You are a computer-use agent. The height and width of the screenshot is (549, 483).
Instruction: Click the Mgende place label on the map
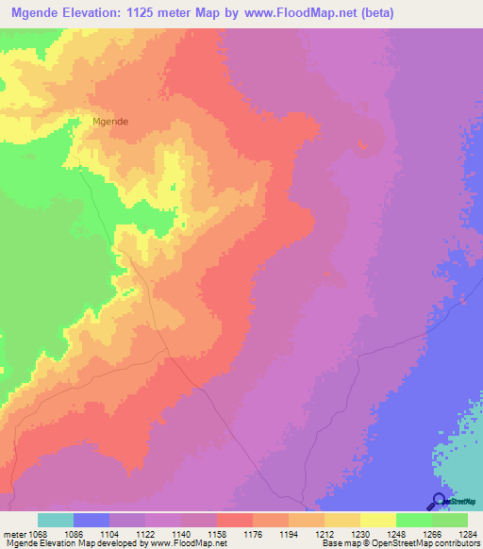coord(110,122)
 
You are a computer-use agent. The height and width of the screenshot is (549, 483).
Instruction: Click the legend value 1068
coord(38,534)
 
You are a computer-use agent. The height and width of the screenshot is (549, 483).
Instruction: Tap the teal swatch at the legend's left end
coord(56,520)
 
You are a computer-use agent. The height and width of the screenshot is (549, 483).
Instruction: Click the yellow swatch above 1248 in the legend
coord(377,520)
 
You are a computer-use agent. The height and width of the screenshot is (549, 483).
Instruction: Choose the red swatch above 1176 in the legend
coord(234,520)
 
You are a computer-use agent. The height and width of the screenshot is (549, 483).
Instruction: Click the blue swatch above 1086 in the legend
coord(92,520)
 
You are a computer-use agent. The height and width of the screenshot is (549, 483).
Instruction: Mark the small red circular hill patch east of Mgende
coord(369,139)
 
